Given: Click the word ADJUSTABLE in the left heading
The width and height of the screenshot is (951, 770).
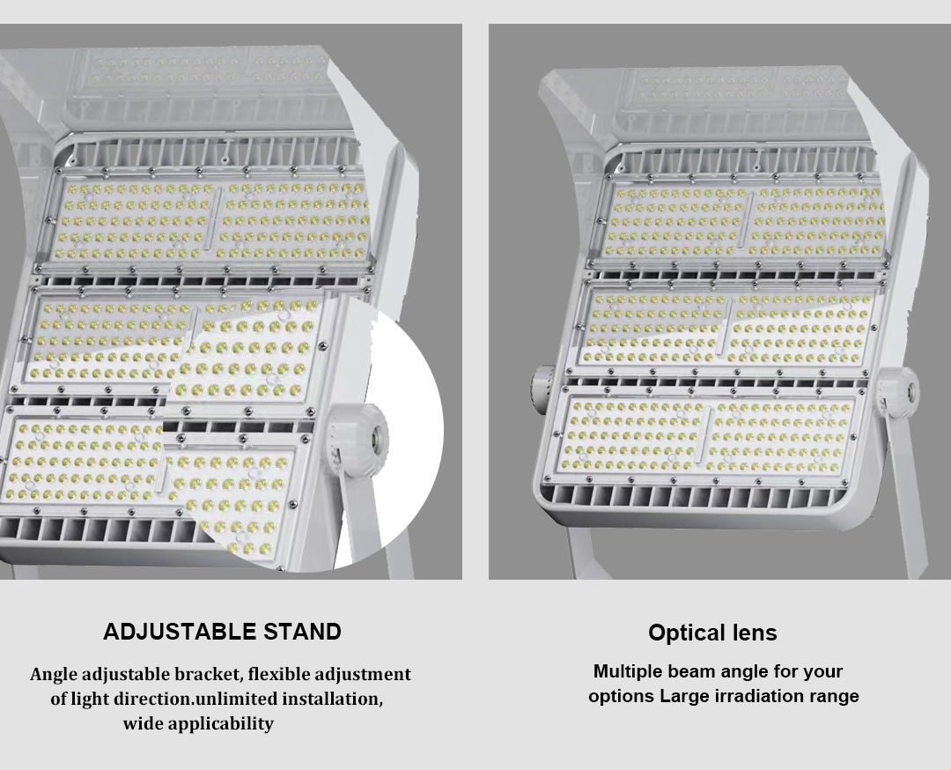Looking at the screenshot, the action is click(181, 632).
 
